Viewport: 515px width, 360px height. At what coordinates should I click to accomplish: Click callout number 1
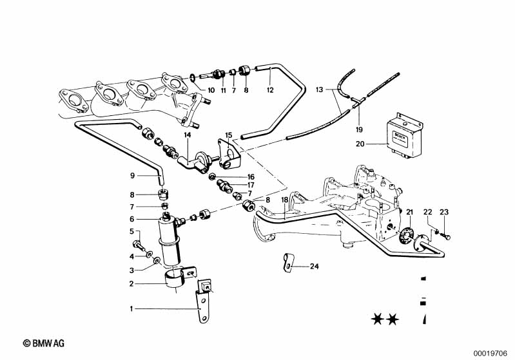click(132, 308)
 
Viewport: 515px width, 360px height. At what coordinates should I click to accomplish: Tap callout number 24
click(314, 266)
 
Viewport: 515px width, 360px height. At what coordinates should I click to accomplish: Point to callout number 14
click(188, 136)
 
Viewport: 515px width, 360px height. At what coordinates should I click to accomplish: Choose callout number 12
click(270, 90)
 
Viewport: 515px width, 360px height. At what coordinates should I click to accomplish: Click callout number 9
click(132, 175)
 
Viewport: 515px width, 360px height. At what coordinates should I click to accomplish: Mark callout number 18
click(284, 200)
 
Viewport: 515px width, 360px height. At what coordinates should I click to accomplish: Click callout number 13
click(319, 90)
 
